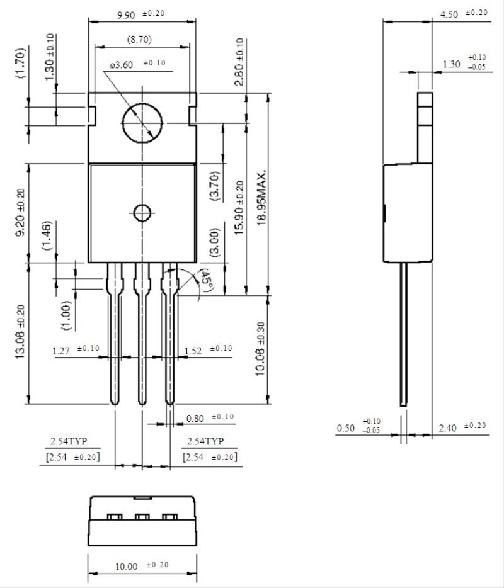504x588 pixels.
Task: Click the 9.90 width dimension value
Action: point(126,15)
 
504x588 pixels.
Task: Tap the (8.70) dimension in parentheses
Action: point(139,39)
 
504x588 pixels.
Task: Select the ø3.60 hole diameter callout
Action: point(122,65)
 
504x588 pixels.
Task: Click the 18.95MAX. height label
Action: point(261,197)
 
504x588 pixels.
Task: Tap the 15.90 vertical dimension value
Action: point(239,208)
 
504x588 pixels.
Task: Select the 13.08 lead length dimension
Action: point(20,332)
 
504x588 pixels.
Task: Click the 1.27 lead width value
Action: point(61,351)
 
